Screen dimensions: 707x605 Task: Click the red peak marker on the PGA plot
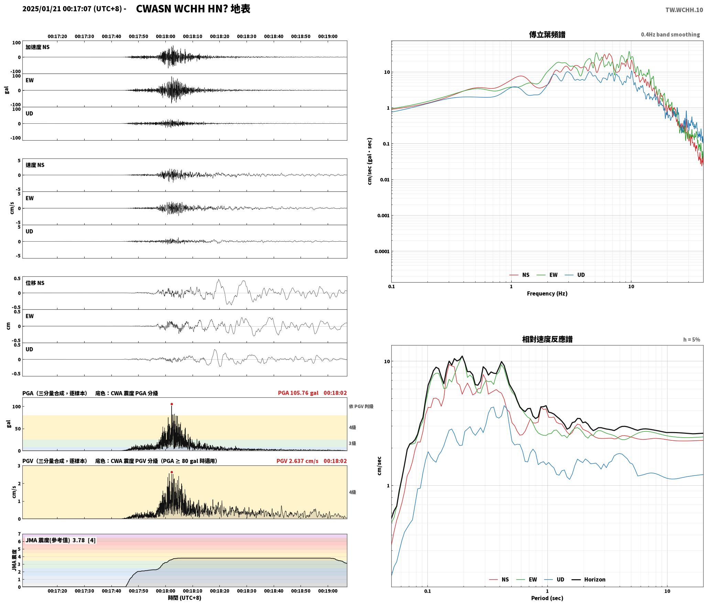172,404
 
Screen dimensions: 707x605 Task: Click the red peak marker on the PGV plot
172,472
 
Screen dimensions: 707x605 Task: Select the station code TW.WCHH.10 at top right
684,10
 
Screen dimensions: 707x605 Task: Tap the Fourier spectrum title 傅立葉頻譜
547,34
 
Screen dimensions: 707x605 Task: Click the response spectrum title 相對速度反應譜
547,339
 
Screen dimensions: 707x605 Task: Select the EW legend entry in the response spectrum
526,580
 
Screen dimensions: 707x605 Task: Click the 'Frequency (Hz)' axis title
547,294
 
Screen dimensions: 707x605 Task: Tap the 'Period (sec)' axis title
547,598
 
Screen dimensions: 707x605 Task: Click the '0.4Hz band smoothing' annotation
670,35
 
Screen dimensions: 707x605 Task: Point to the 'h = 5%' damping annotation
692,340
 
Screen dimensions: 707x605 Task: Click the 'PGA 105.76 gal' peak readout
298,393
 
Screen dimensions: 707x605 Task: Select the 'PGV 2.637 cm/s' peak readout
297,461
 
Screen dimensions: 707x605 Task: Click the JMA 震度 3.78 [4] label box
61,540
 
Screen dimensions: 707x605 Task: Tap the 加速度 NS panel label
37,47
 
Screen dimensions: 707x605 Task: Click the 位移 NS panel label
35,283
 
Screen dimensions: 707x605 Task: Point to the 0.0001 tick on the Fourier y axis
382,252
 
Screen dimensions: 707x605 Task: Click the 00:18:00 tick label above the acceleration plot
165,36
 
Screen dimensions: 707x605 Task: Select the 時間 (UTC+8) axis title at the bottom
185,598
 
